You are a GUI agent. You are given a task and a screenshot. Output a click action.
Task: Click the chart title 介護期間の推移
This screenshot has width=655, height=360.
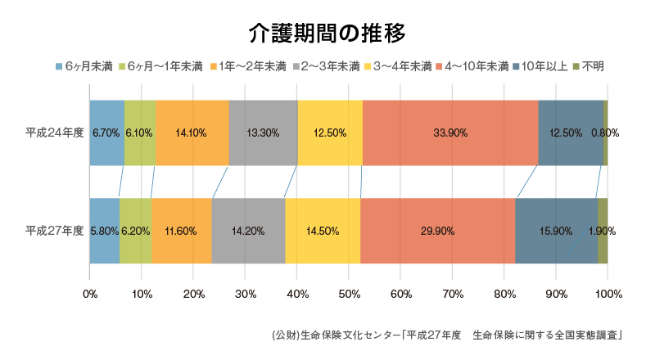coord(327,32)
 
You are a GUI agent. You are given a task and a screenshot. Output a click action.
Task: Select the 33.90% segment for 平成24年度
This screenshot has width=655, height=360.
coord(449,133)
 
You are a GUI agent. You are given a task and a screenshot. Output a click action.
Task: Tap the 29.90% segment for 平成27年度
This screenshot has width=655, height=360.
coord(437,231)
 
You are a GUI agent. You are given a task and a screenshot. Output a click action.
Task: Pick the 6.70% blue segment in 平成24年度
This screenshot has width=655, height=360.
coord(106,133)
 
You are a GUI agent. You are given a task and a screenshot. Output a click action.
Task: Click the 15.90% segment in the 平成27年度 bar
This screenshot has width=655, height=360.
coord(556,231)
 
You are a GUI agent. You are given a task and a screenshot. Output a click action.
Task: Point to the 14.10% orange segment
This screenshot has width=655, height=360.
coord(192,133)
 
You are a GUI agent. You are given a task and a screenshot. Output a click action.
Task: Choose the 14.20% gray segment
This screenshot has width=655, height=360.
coord(248,231)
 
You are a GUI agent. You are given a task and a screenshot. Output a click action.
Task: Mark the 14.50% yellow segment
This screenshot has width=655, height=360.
coord(323,231)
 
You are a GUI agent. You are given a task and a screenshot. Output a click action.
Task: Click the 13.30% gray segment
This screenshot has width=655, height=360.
coord(263,133)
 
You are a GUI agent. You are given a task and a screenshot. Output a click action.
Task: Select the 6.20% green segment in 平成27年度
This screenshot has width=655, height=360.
coord(135,231)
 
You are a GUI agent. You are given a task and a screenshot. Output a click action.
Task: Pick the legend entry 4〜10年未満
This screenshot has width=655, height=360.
coord(472,65)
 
